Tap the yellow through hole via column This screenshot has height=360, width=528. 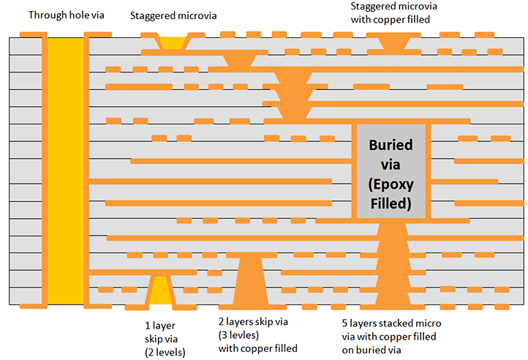pos(67,168)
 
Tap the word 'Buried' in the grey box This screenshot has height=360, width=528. pos(391,145)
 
